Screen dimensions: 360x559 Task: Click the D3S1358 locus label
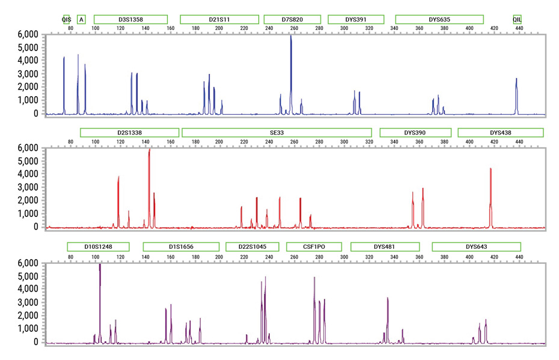(131, 19)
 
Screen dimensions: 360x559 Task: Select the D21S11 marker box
(219, 19)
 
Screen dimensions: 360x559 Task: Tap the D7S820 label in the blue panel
(292, 19)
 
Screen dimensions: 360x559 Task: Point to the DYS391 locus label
(355, 19)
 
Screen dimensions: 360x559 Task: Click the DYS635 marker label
(439, 19)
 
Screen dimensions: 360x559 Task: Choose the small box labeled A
(82, 19)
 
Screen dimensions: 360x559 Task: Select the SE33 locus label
(277, 132)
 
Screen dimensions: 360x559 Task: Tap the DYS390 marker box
(415, 132)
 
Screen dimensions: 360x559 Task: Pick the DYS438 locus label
(500, 132)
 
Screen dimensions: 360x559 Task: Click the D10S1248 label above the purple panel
(99, 246)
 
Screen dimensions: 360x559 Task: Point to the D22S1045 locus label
(252, 246)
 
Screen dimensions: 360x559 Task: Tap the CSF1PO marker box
(314, 246)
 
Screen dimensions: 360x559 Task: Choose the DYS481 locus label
(385, 246)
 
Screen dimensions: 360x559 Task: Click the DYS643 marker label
(476, 246)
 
